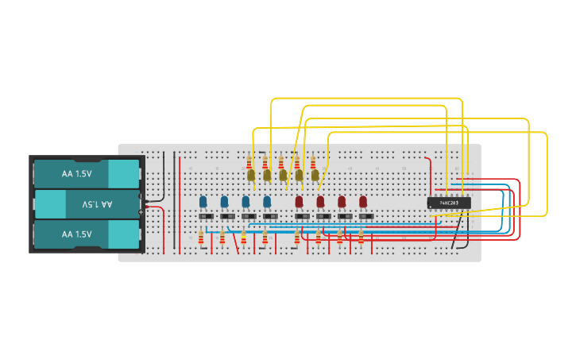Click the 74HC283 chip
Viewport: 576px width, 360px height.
point(449,203)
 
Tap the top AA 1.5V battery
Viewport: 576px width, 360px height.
point(86,174)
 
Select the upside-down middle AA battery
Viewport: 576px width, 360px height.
point(86,204)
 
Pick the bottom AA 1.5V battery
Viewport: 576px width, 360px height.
point(86,234)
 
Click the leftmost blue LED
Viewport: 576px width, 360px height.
point(203,202)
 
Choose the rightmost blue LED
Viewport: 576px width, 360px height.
point(267,202)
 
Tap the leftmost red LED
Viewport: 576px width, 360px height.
point(300,202)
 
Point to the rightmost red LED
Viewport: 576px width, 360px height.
point(363,202)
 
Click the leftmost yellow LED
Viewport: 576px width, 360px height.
point(251,175)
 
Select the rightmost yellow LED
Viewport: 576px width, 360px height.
point(315,175)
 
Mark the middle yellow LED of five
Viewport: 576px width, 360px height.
point(283,175)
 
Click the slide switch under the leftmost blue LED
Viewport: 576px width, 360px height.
point(205,216)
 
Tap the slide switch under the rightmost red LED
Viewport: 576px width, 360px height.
point(366,216)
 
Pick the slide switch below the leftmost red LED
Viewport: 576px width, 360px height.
point(302,216)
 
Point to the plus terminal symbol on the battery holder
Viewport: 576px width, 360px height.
point(141,212)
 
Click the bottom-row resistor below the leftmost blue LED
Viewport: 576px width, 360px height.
point(201,237)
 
